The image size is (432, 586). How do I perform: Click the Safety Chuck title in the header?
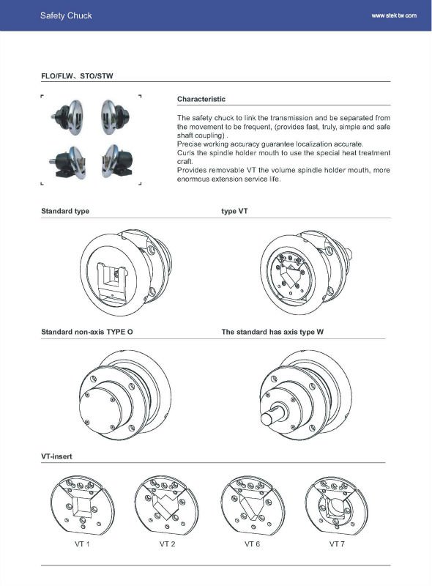tap(66, 15)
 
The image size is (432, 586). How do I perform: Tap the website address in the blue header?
tap(394, 15)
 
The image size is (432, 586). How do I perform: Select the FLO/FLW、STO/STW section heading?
tap(77, 76)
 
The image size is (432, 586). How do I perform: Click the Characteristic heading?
tap(201, 99)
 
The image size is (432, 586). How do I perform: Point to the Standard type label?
tap(65, 211)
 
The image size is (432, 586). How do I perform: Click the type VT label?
tap(235, 211)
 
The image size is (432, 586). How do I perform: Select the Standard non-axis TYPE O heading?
tap(87, 332)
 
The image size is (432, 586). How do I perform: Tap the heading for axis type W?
tap(272, 332)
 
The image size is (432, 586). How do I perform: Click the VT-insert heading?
tap(56, 456)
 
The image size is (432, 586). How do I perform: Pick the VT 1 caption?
tap(82, 544)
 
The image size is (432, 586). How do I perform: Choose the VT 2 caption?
tap(168, 544)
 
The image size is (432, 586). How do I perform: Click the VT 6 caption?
tap(253, 544)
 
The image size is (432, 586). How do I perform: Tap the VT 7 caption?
tap(337, 544)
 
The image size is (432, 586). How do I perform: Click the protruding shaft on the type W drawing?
tap(274, 414)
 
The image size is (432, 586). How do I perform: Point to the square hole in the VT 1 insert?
tap(82, 506)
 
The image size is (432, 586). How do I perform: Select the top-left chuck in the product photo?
tap(68, 116)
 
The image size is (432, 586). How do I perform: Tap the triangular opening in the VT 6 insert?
tap(250, 507)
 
